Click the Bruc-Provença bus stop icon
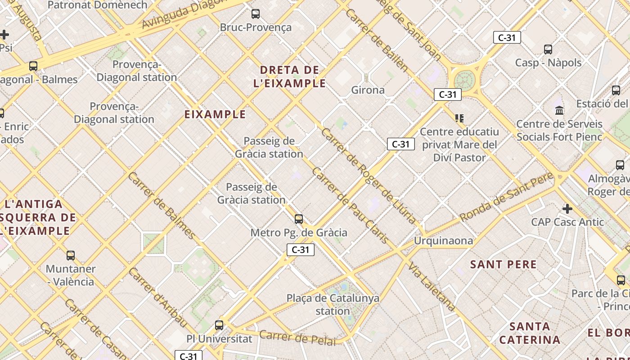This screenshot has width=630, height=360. point(256,14)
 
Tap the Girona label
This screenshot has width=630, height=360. point(368,90)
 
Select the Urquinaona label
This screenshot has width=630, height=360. point(443,241)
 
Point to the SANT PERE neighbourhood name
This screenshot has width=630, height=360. point(503,264)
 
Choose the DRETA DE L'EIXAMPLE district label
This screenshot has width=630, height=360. point(292,76)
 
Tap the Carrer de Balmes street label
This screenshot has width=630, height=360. point(161,205)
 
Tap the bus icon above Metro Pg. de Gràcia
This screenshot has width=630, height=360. point(298,219)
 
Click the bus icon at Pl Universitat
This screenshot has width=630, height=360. point(219,325)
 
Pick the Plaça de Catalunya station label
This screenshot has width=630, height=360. point(333,304)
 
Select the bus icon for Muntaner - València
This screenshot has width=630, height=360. point(71,256)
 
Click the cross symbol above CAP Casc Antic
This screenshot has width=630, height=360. point(567,209)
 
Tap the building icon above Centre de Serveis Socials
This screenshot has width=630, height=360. point(559,110)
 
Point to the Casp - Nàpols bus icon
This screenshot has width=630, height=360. point(548,49)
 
